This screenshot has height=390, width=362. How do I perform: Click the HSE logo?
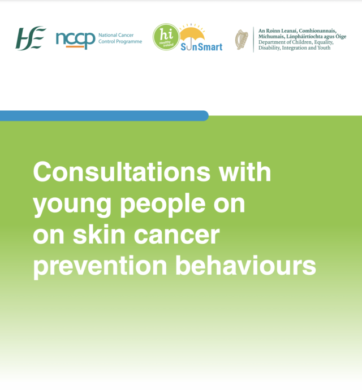point(31,38)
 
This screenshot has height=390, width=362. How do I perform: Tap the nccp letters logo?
point(75,40)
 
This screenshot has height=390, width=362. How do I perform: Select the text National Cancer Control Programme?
point(120,38)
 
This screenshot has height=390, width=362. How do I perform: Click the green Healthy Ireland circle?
point(166,37)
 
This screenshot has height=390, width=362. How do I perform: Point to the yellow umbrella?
point(192,35)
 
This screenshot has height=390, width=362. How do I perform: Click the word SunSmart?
point(201,47)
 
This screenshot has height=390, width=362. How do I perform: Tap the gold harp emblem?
point(242,40)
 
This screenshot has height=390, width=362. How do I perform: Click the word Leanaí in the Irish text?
point(288,31)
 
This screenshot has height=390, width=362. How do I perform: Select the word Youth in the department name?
point(324,47)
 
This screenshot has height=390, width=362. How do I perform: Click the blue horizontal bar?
point(104,116)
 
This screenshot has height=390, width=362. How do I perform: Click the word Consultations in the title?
point(122,172)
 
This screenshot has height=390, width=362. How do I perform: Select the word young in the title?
point(72,205)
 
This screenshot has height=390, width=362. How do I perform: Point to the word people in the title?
point(163,205)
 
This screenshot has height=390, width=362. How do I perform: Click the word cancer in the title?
point(177,236)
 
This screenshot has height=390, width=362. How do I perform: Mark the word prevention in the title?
point(100,267)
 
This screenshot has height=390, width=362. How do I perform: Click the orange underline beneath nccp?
point(75,46)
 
